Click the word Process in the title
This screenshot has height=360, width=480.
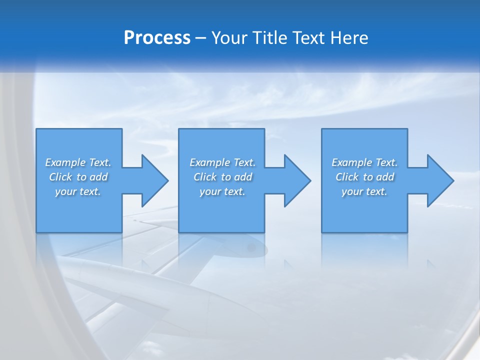click(157, 38)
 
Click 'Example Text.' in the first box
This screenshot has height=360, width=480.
click(78, 162)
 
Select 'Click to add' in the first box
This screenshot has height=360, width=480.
click(78, 177)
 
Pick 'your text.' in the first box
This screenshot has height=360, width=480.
click(78, 191)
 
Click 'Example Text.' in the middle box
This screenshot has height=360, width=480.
click(222, 162)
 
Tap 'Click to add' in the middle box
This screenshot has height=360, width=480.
click(222, 177)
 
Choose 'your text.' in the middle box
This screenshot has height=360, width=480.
click(222, 191)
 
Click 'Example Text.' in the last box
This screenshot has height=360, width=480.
click(364, 162)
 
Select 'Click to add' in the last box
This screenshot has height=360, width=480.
click(364, 177)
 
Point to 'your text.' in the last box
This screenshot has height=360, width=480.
click(364, 191)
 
